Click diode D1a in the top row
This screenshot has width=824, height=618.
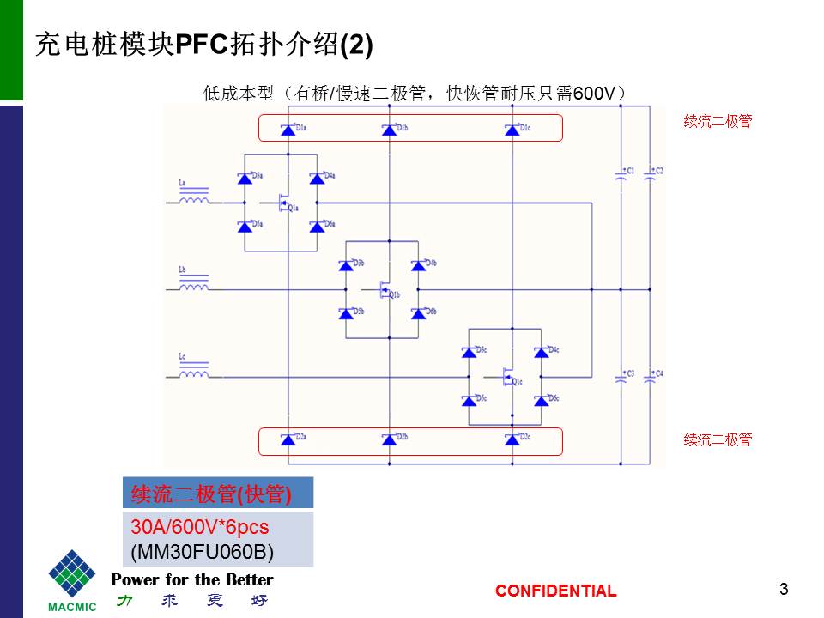pos(288,130)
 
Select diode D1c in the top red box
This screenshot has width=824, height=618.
pos(512,130)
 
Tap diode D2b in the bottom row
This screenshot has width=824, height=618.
pos(389,439)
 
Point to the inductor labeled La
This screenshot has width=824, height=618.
pos(193,201)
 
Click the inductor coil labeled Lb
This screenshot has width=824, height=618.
pos(193,287)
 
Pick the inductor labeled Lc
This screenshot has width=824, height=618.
pos(193,373)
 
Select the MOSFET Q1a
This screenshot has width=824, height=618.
pos(283,203)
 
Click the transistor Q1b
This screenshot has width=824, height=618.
pos(385,289)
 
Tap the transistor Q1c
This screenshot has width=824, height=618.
pos(508,375)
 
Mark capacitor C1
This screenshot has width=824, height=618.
pos(621,175)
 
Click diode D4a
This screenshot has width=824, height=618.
pos(317,179)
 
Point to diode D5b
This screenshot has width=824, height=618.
pos(348,313)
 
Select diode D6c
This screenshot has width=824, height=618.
pos(541,399)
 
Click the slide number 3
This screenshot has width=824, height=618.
pos(784,589)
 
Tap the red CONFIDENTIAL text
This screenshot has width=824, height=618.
pos(555,591)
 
